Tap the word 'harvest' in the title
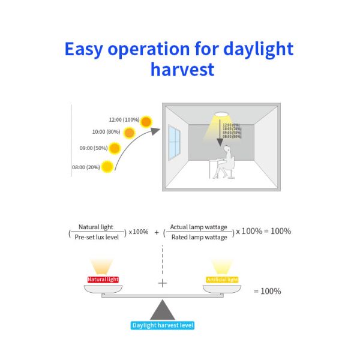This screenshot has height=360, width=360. click(182, 69)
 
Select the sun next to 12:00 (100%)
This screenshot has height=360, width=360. click(146, 121)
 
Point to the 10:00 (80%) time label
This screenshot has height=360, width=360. click(106, 132)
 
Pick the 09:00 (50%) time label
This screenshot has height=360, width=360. click(92, 148)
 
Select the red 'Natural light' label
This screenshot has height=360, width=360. click(103, 280)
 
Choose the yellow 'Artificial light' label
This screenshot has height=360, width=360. click(223, 280)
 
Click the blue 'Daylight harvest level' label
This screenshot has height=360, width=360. click(163, 326)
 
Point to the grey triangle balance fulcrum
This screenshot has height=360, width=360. click(162, 310)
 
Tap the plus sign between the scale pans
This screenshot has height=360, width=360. click(162, 283)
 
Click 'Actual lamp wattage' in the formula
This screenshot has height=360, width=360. click(199, 227)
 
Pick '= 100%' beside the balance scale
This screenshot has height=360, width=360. click(267, 291)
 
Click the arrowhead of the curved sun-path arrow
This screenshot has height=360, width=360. click(155, 130)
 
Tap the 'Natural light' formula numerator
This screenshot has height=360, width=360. click(96, 227)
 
